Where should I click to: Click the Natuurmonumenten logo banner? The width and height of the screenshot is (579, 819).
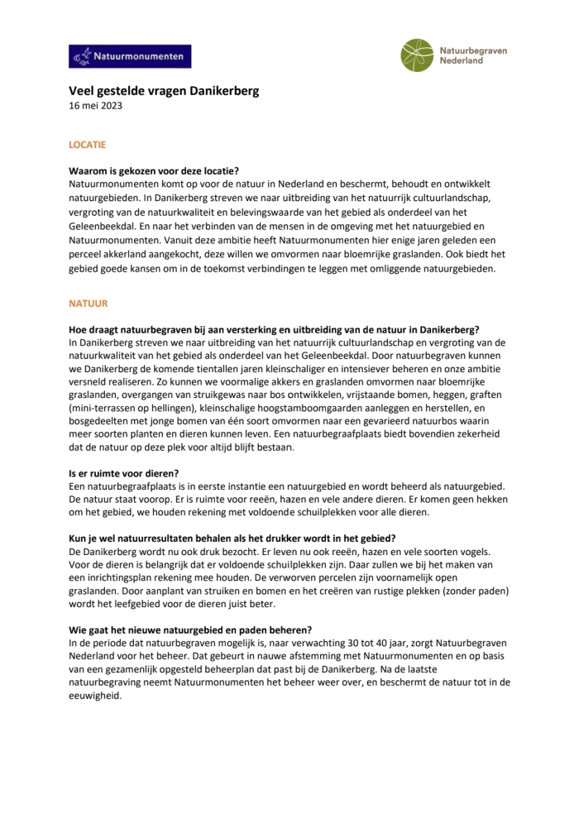click(x=130, y=56)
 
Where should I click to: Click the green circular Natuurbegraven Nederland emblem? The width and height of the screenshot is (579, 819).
click(x=417, y=55)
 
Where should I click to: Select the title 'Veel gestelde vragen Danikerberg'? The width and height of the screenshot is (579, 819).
click(x=164, y=91)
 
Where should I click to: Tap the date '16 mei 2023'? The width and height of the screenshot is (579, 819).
click(x=95, y=105)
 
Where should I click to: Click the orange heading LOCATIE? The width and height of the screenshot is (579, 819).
click(x=87, y=144)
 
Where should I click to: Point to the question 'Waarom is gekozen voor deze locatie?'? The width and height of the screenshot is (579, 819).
click(x=154, y=170)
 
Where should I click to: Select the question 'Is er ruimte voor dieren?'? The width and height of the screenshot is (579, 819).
click(x=123, y=473)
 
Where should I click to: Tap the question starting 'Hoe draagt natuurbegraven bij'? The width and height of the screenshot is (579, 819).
click(x=274, y=329)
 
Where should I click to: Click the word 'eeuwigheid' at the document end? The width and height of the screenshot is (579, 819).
click(x=94, y=696)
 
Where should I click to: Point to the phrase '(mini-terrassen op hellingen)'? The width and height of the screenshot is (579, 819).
click(x=132, y=408)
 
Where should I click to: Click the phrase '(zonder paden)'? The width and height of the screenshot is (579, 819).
click(x=477, y=591)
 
